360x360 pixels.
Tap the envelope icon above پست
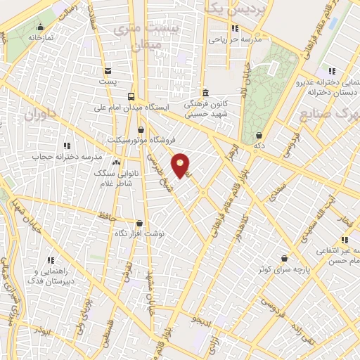point(108,71)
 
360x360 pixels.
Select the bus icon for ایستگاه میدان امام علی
point(131,96)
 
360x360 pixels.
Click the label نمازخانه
point(41,37)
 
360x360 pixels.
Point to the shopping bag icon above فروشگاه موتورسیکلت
point(141,129)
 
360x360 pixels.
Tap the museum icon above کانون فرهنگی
point(205,92)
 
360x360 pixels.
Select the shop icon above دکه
point(259,134)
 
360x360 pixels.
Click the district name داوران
point(40,114)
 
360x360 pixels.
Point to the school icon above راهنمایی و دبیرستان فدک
point(50,259)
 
